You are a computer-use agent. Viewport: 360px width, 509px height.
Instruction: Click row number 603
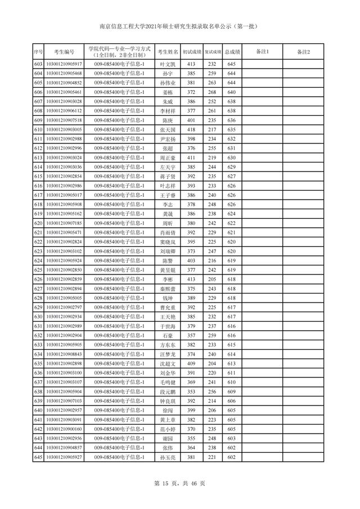coord(38,65)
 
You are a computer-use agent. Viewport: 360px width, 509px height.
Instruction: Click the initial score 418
coord(191,130)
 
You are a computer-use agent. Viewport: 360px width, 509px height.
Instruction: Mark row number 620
coord(38,223)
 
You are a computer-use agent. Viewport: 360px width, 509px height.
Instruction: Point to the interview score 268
coord(211,92)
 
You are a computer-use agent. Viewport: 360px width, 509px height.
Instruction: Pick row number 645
coord(38,457)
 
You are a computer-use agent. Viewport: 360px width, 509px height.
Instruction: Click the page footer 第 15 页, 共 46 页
coord(180,483)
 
